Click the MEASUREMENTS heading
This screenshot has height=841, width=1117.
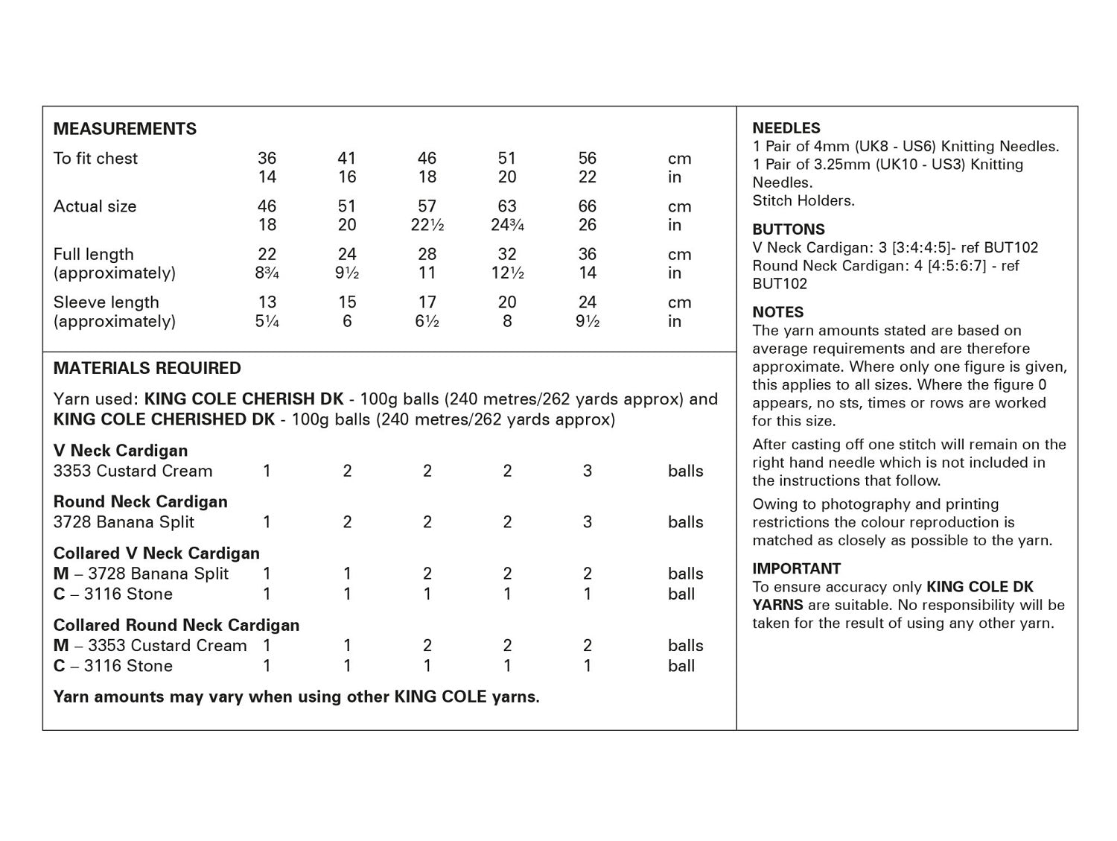click(x=125, y=129)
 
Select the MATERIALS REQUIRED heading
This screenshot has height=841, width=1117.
click(x=147, y=368)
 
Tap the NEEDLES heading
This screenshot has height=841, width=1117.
click(x=786, y=128)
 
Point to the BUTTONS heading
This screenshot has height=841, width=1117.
click(x=789, y=229)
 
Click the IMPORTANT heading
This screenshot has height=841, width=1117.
click(x=797, y=568)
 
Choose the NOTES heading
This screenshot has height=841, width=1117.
click(x=778, y=312)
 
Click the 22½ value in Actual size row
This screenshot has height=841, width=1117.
click(x=427, y=225)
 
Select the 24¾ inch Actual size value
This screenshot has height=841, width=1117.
click(x=507, y=225)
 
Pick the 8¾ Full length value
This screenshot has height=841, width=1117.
click(x=267, y=273)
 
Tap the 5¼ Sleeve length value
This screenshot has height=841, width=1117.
click(x=267, y=322)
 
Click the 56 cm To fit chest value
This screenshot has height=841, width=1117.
click(x=588, y=158)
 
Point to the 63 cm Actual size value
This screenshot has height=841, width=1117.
click(x=507, y=206)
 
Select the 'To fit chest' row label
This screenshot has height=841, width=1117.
click(x=95, y=158)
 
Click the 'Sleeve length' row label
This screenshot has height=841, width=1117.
click(x=106, y=302)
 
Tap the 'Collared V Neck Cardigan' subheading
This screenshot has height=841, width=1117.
click(x=156, y=553)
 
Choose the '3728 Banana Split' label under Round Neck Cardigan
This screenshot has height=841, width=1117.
click(x=124, y=522)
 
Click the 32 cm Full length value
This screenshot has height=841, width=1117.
click(x=507, y=254)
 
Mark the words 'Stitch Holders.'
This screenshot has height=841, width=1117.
click(x=803, y=200)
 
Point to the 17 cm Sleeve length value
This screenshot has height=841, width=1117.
click(x=427, y=302)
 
